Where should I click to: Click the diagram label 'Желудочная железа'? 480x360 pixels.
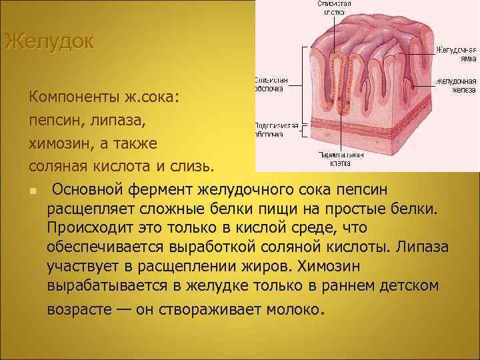click(x=457, y=85)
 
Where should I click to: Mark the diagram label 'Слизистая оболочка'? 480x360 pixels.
click(x=270, y=83)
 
